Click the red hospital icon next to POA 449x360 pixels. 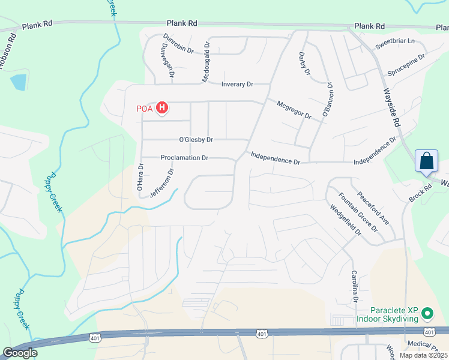click(x=161, y=108)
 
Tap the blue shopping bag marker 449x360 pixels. click(x=426, y=161)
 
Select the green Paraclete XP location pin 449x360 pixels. click(x=427, y=313)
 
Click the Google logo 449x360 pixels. click(x=20, y=352)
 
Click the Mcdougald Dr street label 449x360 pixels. click(x=205, y=62)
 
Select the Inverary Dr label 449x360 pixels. click(x=237, y=85)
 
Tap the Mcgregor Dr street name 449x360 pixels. click(x=294, y=110)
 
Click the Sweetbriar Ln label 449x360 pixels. click(x=395, y=41)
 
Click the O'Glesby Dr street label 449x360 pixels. click(x=196, y=140)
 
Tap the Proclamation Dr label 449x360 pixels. click(x=184, y=158)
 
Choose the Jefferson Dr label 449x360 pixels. click(x=161, y=183)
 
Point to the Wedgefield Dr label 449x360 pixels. click(x=344, y=220)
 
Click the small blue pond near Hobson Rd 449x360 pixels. click(x=19, y=82)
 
